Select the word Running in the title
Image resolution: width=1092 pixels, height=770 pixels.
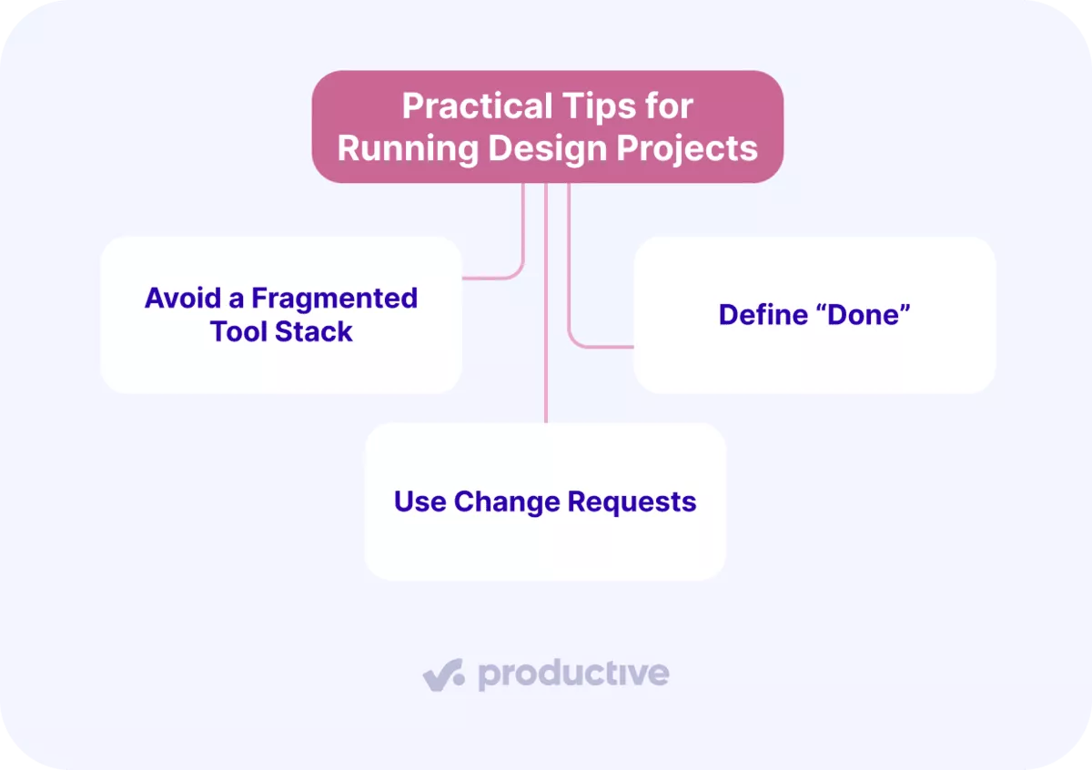[408, 148]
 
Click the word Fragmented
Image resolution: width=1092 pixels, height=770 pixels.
[335, 298]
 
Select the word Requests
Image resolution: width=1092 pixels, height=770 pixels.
[632, 502]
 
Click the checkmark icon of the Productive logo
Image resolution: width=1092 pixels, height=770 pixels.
[443, 674]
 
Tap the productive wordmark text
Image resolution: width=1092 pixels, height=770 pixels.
[573, 674]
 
